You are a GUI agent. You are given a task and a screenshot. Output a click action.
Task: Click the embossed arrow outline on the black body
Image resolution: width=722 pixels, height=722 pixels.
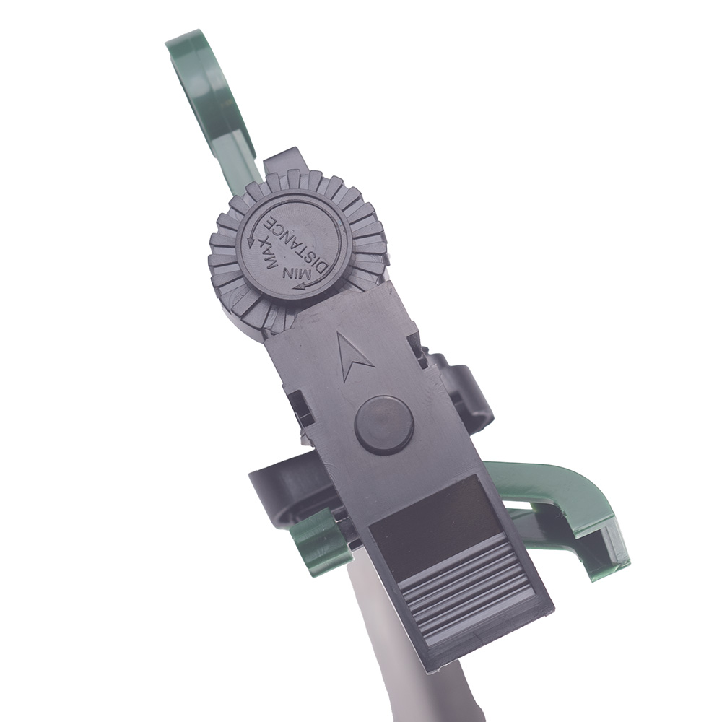click(352, 356)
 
